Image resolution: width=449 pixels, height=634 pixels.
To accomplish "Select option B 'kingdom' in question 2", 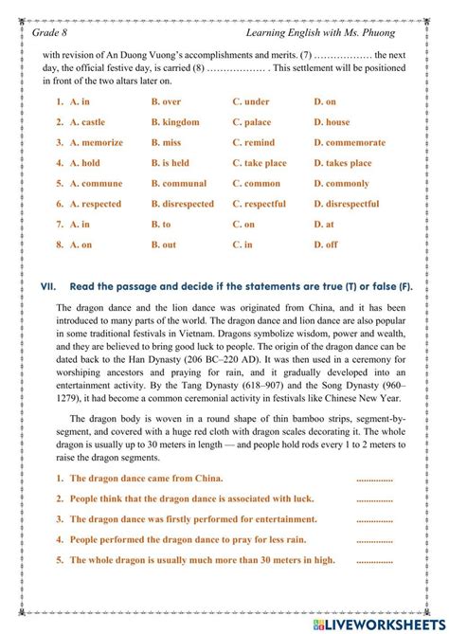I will tap(175, 122).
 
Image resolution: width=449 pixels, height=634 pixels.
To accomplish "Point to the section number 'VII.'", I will tap(48, 285).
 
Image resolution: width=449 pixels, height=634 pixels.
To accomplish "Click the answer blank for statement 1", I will tap(374, 479).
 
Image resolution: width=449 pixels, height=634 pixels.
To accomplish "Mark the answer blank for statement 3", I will tap(374, 519).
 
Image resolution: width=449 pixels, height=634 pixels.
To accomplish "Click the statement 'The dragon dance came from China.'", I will tap(146, 478).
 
